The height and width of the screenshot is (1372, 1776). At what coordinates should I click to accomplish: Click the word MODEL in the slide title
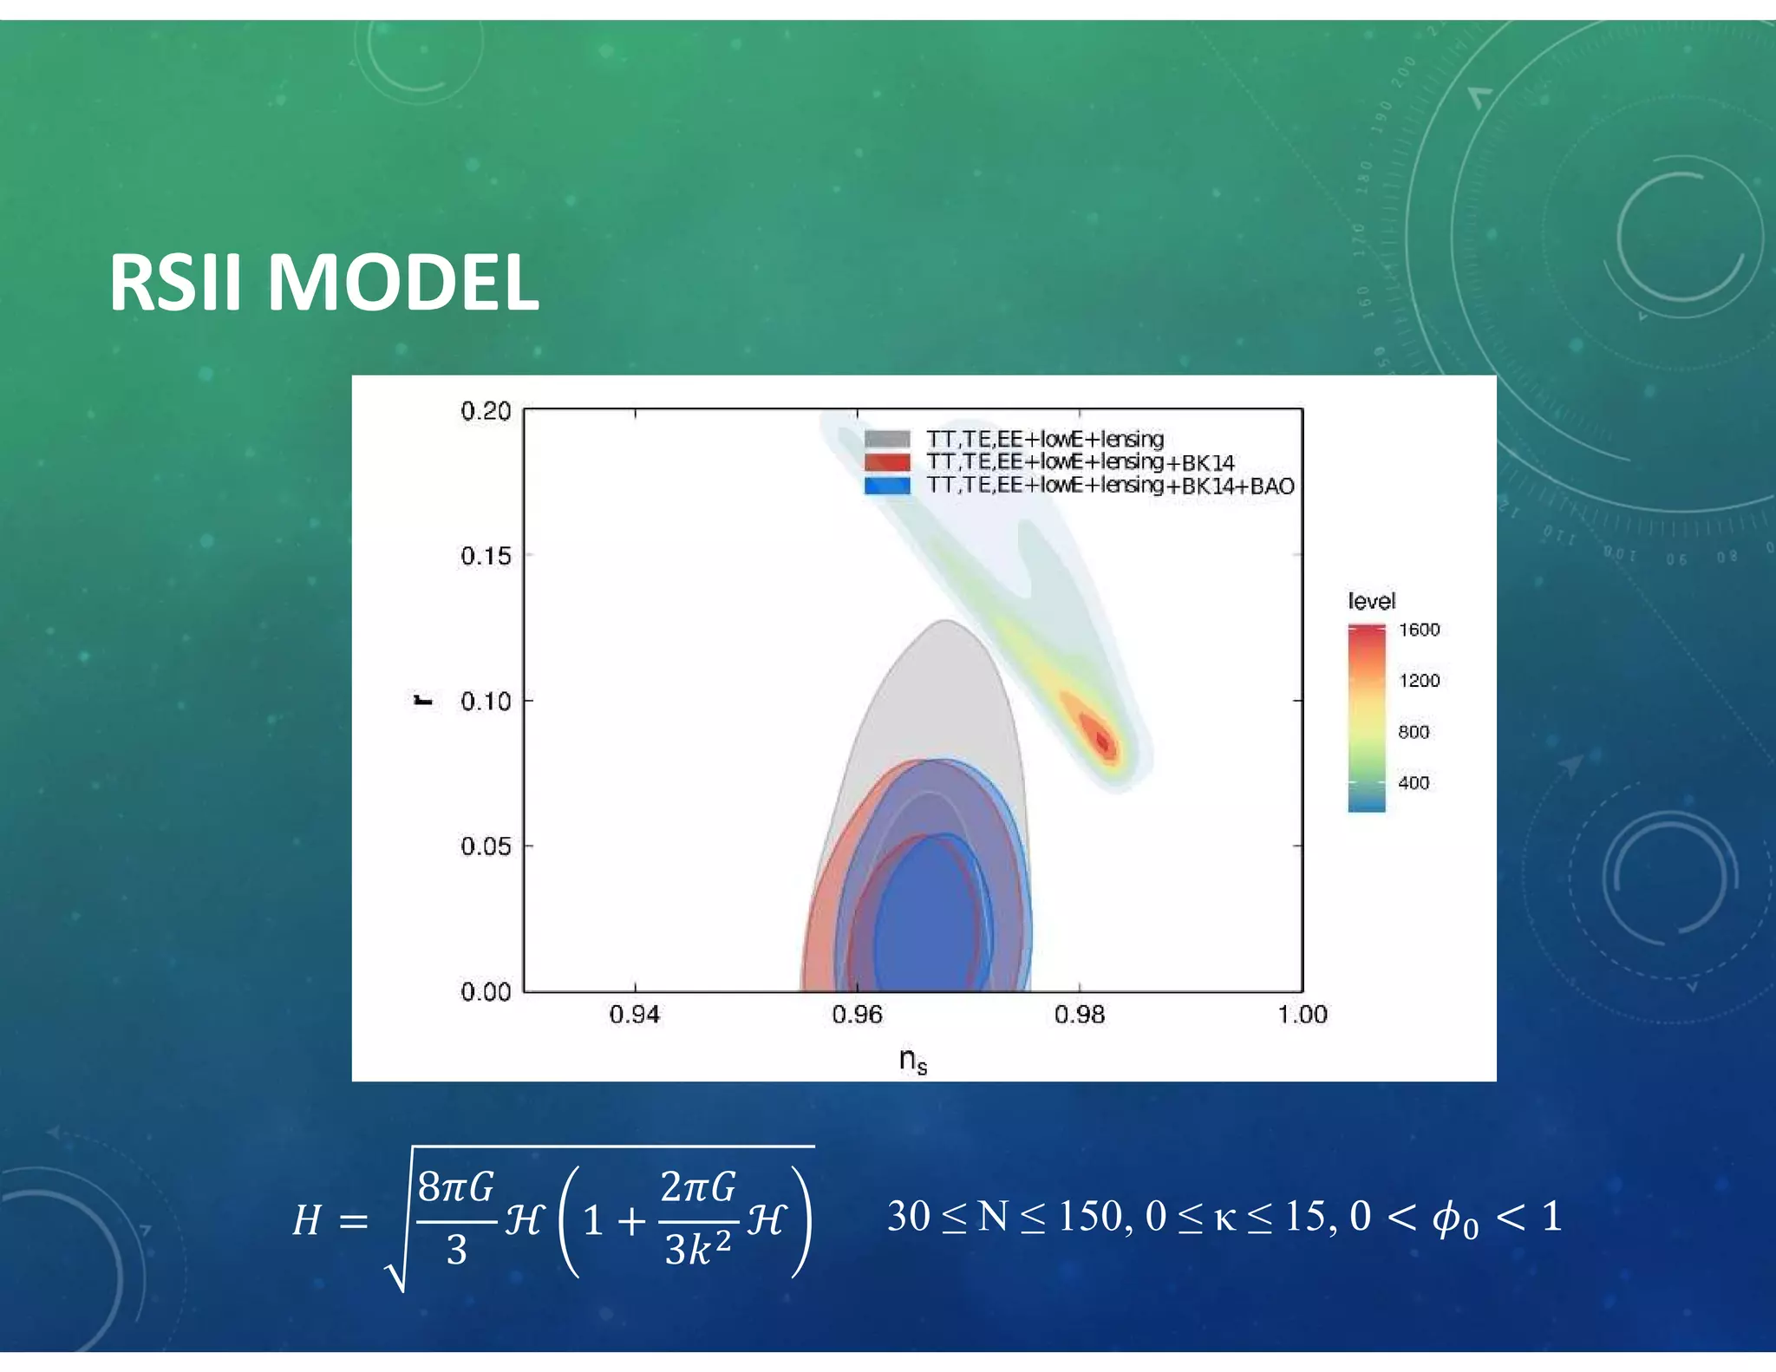click(x=402, y=283)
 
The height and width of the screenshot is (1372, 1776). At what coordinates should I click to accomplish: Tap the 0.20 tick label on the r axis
click(x=486, y=411)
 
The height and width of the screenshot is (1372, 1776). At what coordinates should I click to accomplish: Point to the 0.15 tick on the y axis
click(x=486, y=556)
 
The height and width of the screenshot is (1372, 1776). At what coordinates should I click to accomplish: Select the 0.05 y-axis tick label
click(x=486, y=846)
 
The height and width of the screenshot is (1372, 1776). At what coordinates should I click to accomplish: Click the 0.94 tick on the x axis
click(x=635, y=1014)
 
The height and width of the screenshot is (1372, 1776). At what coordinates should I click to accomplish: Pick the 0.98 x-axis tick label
click(x=1080, y=1014)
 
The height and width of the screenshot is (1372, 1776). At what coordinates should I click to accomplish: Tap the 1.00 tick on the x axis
click(x=1302, y=1014)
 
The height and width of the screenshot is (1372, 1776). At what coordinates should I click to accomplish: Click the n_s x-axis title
click(x=912, y=1060)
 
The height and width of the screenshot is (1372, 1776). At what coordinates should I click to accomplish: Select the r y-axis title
click(x=422, y=700)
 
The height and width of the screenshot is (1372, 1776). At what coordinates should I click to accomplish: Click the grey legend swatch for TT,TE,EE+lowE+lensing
click(x=887, y=439)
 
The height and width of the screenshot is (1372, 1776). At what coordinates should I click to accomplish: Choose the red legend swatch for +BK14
click(x=887, y=462)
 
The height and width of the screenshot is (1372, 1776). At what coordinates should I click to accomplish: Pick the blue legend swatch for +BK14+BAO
click(x=887, y=486)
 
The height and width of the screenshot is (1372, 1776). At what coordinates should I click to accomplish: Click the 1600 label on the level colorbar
click(x=1419, y=630)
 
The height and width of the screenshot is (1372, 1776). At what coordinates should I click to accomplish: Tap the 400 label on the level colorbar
click(x=1414, y=783)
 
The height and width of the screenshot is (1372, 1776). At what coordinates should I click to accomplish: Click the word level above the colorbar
click(x=1371, y=601)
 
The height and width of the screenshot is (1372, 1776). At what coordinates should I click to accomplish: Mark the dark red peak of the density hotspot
click(x=1102, y=742)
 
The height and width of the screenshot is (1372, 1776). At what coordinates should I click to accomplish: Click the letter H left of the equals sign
click(x=307, y=1220)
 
